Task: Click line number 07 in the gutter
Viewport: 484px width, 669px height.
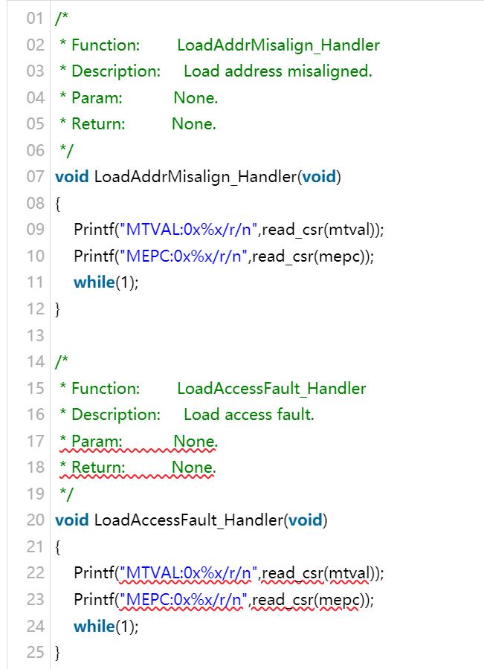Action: pyautogui.click(x=35, y=177)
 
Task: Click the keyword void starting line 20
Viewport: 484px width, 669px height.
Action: pyautogui.click(x=72, y=520)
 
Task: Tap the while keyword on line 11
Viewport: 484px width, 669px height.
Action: pyautogui.click(x=93, y=282)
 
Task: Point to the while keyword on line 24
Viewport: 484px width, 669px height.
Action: pyautogui.click(x=93, y=626)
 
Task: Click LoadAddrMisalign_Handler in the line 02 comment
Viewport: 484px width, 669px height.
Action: pyautogui.click(x=278, y=45)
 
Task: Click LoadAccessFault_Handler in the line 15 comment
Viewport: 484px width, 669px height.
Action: pyautogui.click(x=271, y=388)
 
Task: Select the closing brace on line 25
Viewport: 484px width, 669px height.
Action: pyautogui.click(x=58, y=653)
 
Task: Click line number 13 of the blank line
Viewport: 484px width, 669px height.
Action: pyautogui.click(x=35, y=336)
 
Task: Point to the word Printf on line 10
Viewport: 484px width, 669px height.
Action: pyautogui.click(x=94, y=256)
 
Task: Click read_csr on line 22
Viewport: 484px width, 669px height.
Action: pyautogui.click(x=291, y=573)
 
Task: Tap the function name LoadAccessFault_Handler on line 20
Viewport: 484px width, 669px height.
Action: pyautogui.click(x=188, y=520)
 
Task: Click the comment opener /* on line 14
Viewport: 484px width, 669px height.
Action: pyautogui.click(x=62, y=362)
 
